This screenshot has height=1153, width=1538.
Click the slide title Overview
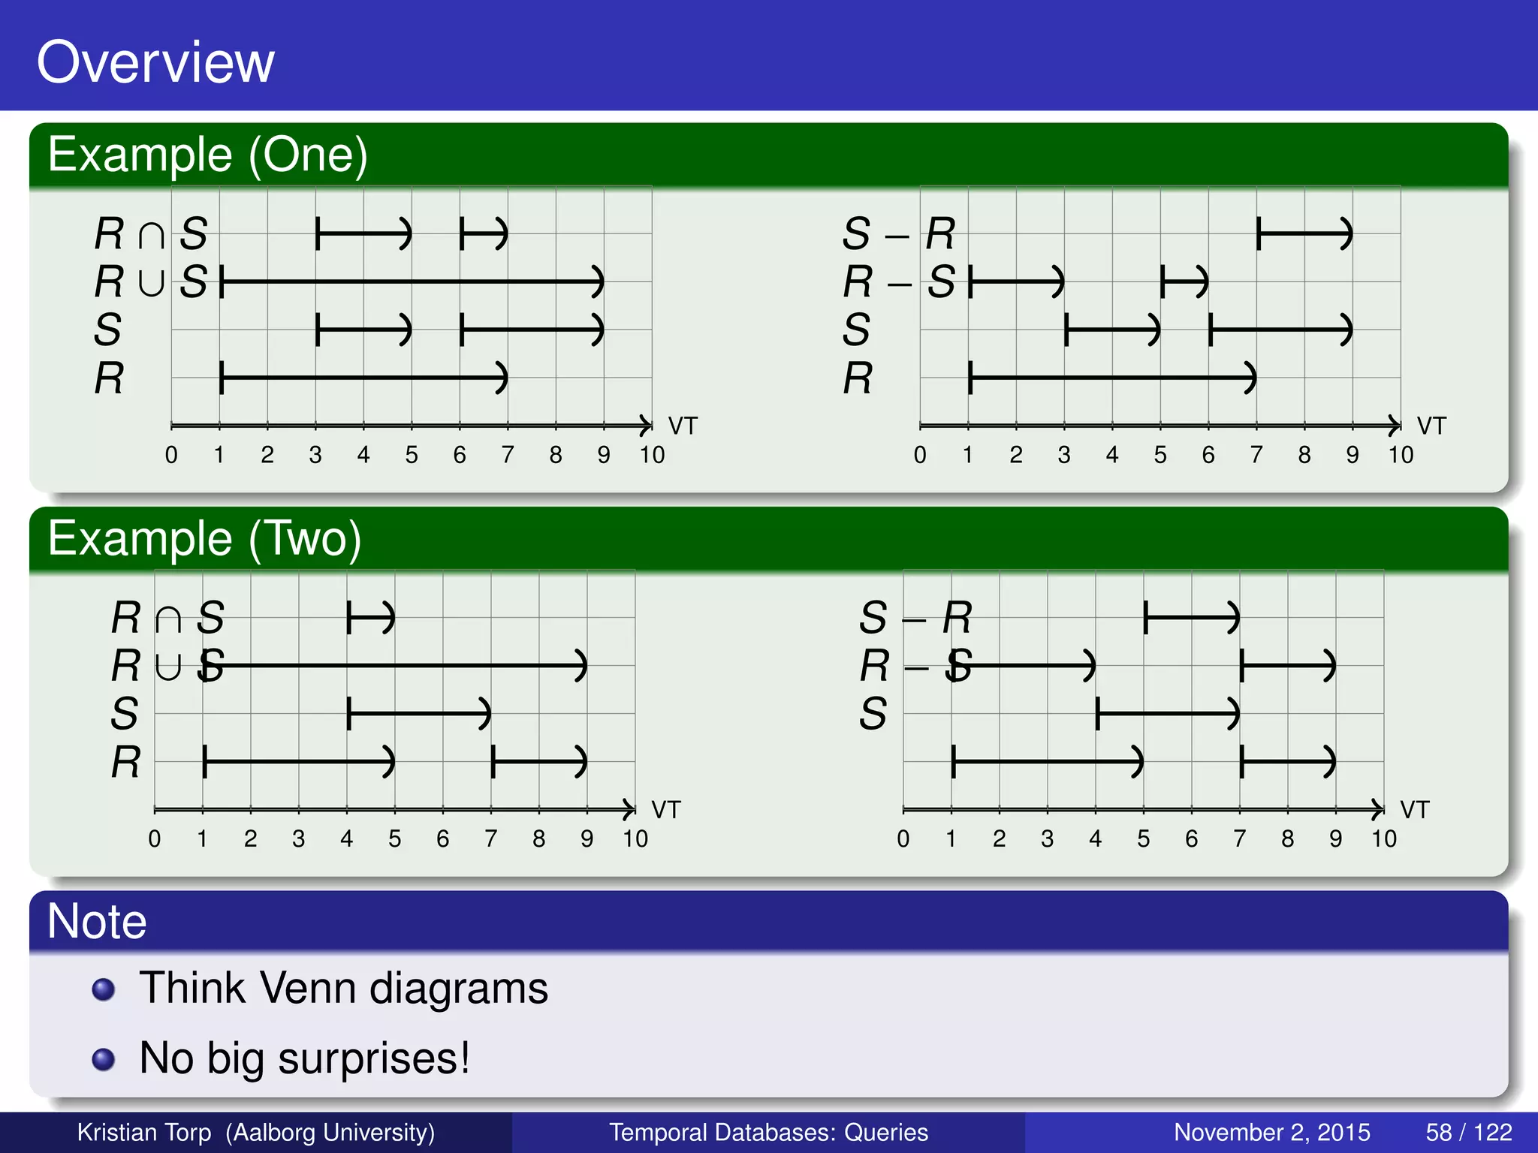pos(155,62)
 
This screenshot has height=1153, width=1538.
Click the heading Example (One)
pos(207,155)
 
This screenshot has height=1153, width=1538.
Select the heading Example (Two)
pos(204,539)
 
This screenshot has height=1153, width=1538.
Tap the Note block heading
pos(97,921)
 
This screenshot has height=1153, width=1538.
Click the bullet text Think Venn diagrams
pos(344,988)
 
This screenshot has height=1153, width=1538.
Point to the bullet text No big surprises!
pos(305,1058)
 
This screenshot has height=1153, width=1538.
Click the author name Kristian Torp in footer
pos(144,1132)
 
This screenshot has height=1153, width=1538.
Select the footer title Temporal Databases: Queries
pos(768,1132)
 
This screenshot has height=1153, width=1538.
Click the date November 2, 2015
pos(1271,1132)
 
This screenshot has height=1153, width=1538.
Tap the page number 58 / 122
pos(1468,1132)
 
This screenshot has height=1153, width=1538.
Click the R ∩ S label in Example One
pos(151,233)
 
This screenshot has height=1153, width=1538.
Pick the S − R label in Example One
pos(899,233)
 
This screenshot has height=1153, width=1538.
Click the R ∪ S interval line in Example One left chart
pos(412,281)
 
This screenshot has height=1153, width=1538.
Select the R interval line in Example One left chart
pos(363,378)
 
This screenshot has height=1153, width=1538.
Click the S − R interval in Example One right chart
pos(1304,233)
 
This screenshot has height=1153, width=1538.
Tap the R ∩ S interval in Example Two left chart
pos(370,618)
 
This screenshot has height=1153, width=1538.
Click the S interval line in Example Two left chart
pos(419,713)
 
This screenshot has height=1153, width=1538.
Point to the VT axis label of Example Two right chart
pos(1415,810)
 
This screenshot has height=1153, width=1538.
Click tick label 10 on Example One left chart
pos(652,455)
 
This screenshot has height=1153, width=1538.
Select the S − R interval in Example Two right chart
pos(1191,618)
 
